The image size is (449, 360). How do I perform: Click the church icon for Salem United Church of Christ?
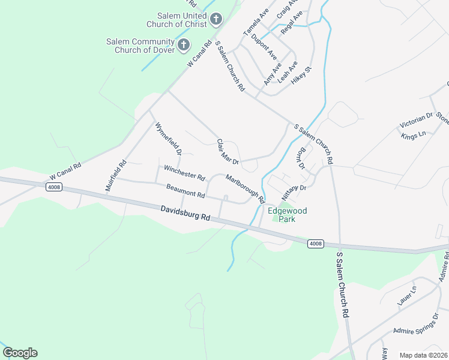pos(216,20)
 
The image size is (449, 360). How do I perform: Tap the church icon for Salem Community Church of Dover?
pos(184,45)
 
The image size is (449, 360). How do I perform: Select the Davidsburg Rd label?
pos(186,214)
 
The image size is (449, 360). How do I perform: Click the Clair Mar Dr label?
pos(228,152)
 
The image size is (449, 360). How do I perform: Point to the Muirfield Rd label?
pos(116,175)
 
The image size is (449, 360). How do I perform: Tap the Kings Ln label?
pos(413,133)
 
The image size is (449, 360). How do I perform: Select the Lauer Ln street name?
pos(406,298)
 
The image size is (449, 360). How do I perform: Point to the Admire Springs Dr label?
pos(416,323)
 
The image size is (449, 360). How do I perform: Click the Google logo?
pos(20,353)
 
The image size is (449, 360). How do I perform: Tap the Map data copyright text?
pos(423,355)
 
